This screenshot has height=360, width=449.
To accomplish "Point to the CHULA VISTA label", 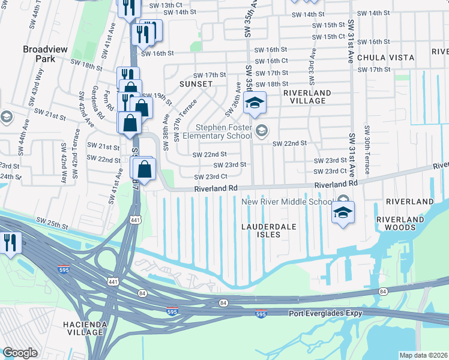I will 385,58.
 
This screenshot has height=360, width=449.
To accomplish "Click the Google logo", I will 20,353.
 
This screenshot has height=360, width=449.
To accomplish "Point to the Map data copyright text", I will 423,355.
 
